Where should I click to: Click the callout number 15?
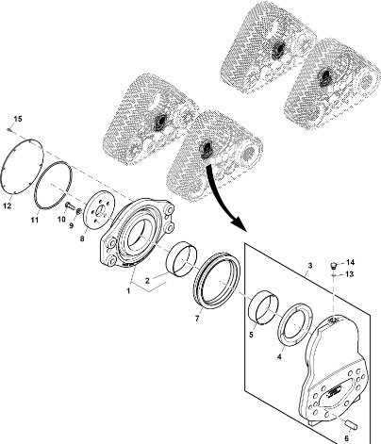(x=18, y=119)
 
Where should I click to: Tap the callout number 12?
(x=8, y=206)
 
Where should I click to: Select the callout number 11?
(x=35, y=220)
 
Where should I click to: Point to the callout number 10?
(x=61, y=219)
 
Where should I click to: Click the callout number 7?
(x=197, y=319)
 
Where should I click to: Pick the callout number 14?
(x=350, y=262)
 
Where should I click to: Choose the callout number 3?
(x=310, y=266)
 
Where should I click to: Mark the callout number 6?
(x=347, y=437)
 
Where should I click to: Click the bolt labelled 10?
(x=70, y=206)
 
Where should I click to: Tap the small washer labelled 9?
(x=79, y=209)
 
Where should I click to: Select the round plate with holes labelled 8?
(x=99, y=211)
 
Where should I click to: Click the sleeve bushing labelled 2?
(x=182, y=259)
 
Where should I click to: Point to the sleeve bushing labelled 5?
(x=264, y=306)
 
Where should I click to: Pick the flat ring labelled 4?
(x=295, y=324)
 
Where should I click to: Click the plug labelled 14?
(x=335, y=265)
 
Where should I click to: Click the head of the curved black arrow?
(x=239, y=223)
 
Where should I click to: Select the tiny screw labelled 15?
(x=9, y=129)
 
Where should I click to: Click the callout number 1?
(x=128, y=291)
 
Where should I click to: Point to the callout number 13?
(x=350, y=274)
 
